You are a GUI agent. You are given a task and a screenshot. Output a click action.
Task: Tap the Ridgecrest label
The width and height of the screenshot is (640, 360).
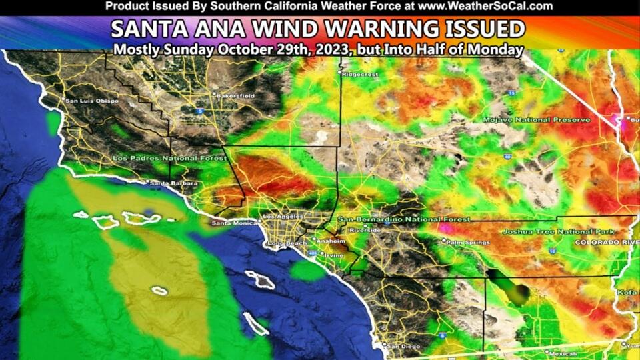[360, 75]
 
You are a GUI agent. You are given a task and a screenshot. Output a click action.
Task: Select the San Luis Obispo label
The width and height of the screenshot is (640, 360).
[92, 101]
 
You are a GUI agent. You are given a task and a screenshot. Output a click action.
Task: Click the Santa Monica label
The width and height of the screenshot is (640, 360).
[234, 222]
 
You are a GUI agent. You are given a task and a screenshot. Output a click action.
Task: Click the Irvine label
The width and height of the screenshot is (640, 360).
[335, 254]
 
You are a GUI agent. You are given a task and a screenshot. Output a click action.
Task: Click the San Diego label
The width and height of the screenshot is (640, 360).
[403, 346]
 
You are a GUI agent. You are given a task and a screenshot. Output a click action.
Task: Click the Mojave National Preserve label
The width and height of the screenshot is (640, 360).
[537, 119]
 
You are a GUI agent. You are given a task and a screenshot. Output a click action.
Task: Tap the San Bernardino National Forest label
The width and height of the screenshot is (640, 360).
[403, 219]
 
